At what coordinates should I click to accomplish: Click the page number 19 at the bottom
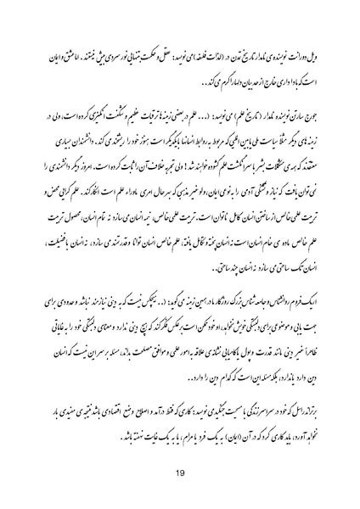(180, 474)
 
